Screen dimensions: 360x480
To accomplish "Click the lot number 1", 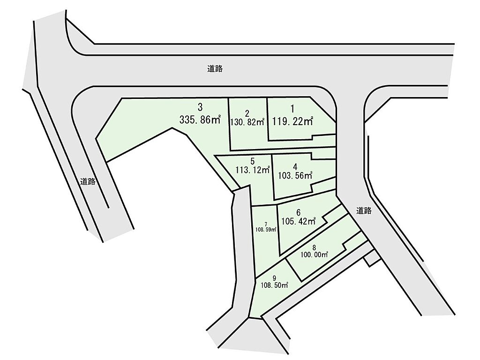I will (292, 109).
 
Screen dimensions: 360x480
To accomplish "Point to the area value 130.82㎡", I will (247, 121).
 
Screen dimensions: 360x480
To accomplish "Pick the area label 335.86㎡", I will (200, 120).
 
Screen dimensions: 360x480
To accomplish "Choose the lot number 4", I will (295, 166).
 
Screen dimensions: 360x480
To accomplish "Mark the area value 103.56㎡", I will (295, 176).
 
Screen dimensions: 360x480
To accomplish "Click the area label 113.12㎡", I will (253, 170).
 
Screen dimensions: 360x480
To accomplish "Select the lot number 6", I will (298, 212).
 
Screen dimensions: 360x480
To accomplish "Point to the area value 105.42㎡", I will (298, 221).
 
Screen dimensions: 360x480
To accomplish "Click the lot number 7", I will (266, 224).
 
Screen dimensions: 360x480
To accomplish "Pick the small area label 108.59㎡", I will (266, 230).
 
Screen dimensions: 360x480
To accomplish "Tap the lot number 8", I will (314, 247).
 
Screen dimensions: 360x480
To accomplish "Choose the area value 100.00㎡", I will (314, 254).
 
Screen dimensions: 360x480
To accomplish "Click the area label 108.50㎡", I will (274, 285).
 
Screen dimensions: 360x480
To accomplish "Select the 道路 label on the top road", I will (215, 68).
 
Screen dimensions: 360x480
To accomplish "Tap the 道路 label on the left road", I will (88, 182).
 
